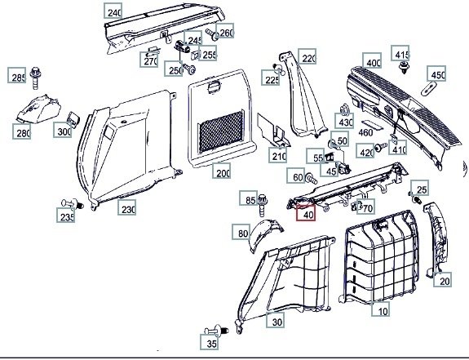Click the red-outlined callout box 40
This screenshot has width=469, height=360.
pyautogui.click(x=306, y=213)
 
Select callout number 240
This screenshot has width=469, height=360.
pyautogui.click(x=113, y=11)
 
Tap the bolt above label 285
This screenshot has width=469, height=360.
pyautogui.click(x=36, y=78)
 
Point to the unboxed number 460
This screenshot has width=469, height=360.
pyautogui.click(x=365, y=132)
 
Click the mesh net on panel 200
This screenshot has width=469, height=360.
pyautogui.click(x=221, y=131)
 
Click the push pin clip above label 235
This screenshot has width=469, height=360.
pyautogui.click(x=73, y=204)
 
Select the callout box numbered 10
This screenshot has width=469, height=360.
pyautogui.click(x=381, y=309)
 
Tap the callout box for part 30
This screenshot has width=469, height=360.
pyautogui.click(x=276, y=321)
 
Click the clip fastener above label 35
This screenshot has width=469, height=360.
pyautogui.click(x=216, y=331)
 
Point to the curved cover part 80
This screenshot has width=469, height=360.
pyautogui.click(x=266, y=233)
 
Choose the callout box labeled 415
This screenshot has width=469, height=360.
pyautogui.click(x=400, y=53)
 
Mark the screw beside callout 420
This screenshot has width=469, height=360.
pyautogui.click(x=381, y=146)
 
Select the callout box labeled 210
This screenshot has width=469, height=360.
pyautogui.click(x=278, y=155)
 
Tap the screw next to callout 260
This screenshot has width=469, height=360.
pyautogui.click(x=212, y=34)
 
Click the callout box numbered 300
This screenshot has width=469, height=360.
pyautogui.click(x=63, y=130)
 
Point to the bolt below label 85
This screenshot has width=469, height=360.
pyautogui.click(x=262, y=205)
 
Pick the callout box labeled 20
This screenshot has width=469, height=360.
pyautogui.click(x=443, y=279)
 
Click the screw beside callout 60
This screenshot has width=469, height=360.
pyautogui.click(x=312, y=179)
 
